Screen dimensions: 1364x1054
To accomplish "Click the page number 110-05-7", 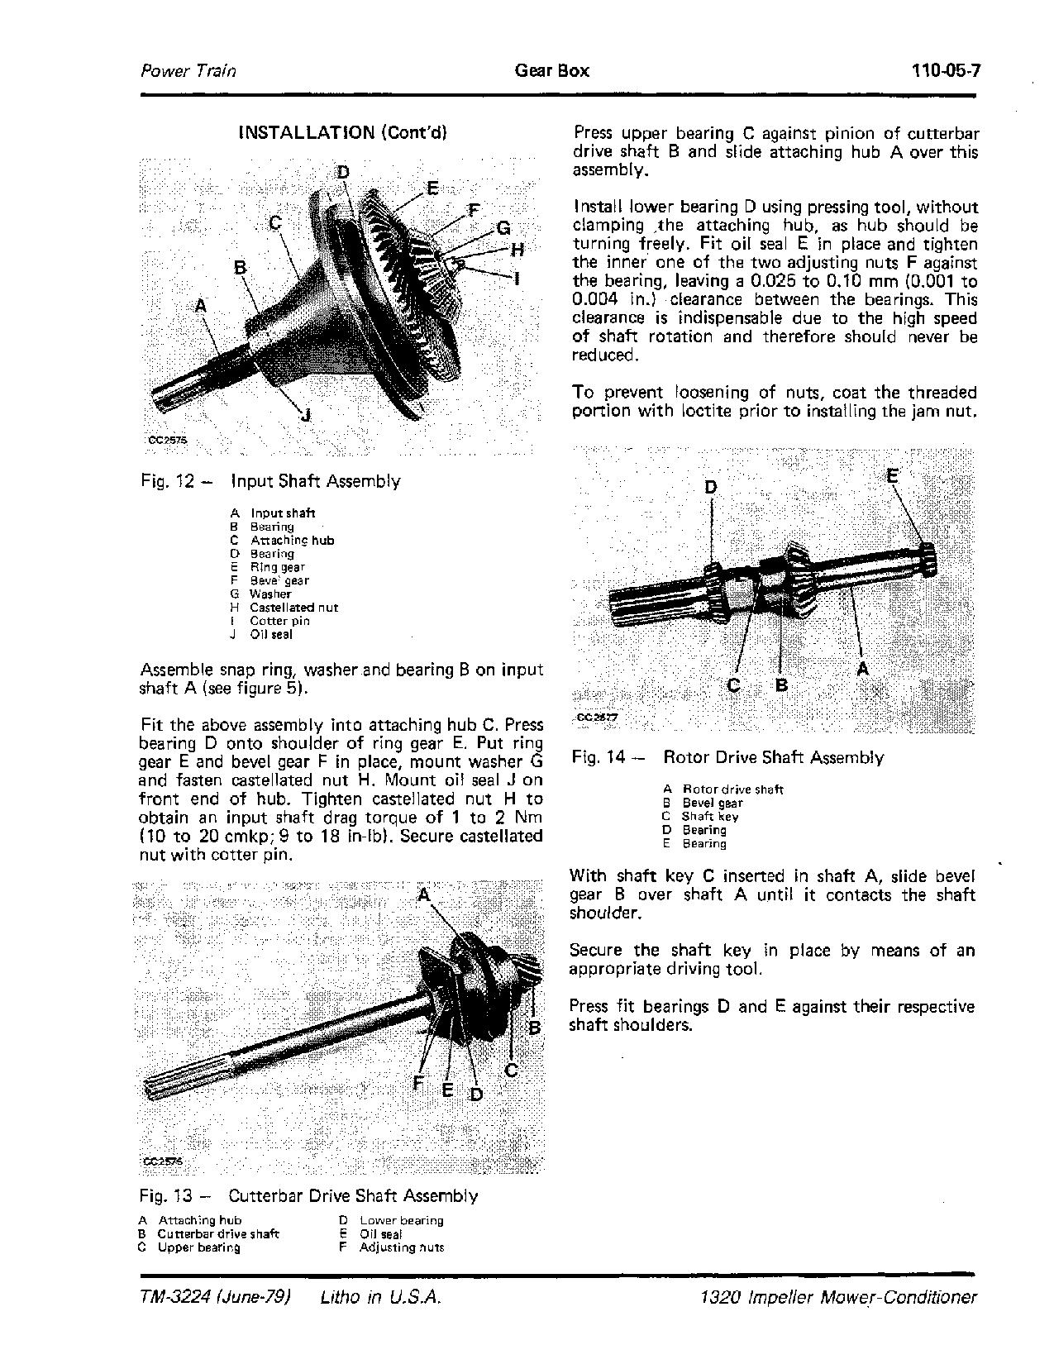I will [x=945, y=70].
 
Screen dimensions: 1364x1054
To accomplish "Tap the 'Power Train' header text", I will [x=188, y=70].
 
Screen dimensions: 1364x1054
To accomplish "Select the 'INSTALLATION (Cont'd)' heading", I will [x=342, y=132].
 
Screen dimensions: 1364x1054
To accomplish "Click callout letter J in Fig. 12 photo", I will [x=305, y=414].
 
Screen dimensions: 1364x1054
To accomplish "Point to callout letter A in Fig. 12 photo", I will [x=200, y=306].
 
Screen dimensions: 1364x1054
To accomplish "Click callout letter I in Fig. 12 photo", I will [x=518, y=279].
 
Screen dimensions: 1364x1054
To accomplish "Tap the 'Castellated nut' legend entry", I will [x=293, y=608].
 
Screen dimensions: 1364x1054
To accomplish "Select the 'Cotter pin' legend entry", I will [x=280, y=621].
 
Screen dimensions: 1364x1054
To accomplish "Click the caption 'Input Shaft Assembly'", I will [x=316, y=481].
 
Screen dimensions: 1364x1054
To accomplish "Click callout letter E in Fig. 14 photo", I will [x=893, y=475].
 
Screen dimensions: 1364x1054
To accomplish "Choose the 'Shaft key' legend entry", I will [x=710, y=817].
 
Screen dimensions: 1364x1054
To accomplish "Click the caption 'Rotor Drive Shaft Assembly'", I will [x=774, y=757].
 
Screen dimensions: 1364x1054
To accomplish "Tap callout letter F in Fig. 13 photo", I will [x=418, y=1082].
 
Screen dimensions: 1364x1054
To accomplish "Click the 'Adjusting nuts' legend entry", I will [x=401, y=1247].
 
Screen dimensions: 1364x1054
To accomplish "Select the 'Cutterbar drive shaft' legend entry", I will [x=218, y=1234].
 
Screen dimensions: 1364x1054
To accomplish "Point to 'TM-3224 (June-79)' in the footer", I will [x=217, y=1297].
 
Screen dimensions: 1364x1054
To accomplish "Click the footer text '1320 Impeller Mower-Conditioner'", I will [x=837, y=1297].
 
